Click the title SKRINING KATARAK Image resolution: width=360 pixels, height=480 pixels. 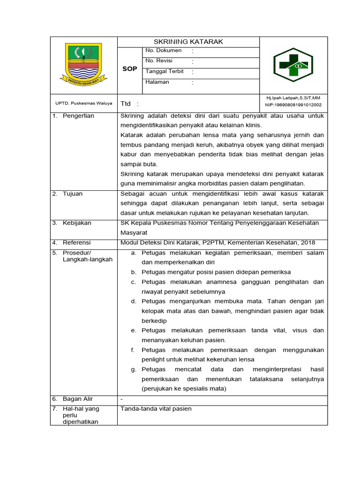click(x=188, y=42)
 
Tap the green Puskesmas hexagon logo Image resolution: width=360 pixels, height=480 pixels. click(x=293, y=66)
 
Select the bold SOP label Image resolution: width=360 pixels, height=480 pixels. click(x=129, y=69)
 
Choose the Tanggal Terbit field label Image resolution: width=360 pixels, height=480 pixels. click(x=165, y=72)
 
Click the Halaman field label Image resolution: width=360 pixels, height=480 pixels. click(x=157, y=82)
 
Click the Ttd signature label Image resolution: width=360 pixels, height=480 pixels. click(x=126, y=104)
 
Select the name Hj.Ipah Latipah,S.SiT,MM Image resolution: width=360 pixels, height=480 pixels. click(x=293, y=98)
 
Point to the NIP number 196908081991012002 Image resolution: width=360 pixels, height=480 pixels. click(x=293, y=105)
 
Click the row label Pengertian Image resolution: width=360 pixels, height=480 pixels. click(x=78, y=116)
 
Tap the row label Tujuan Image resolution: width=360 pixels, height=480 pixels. click(x=73, y=194)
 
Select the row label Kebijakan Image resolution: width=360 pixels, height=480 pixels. click(x=77, y=223)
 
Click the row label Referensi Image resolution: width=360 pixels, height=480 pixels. click(x=77, y=243)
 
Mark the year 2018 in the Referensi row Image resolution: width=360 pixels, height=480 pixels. click(x=307, y=243)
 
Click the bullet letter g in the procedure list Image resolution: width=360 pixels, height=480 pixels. click(x=133, y=369)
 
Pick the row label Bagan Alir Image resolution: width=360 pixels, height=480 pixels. click(x=78, y=399)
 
